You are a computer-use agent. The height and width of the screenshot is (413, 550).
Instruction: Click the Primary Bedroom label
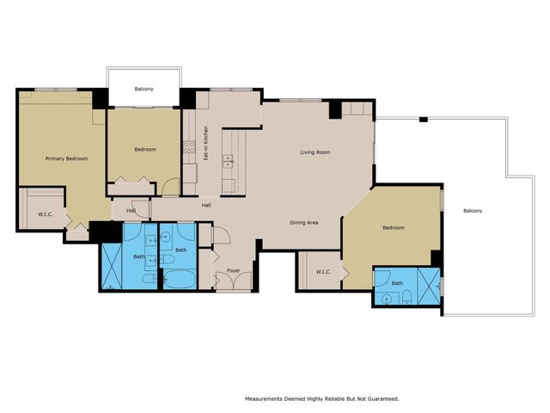point(67,158)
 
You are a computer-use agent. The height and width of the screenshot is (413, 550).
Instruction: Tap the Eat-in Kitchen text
point(206,144)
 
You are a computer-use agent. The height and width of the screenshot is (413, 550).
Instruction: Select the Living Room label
point(315,152)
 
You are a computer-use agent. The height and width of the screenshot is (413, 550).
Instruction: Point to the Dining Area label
point(303,223)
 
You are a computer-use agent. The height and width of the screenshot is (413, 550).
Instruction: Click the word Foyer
point(233,270)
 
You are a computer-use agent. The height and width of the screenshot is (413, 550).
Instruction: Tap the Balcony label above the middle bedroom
point(144,89)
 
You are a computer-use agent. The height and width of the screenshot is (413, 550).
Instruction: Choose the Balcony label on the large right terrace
point(473,211)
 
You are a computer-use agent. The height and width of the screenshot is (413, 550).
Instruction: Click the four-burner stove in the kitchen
point(189,147)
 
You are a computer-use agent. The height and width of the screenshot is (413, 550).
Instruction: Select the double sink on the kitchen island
point(228,161)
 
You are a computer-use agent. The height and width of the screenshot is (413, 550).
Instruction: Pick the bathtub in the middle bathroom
point(180,279)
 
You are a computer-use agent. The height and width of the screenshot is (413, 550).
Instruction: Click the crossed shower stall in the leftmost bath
point(112,267)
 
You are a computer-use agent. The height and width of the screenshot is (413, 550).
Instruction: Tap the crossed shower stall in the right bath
point(429,287)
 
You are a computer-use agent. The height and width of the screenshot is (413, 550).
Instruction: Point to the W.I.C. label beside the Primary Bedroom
point(46,214)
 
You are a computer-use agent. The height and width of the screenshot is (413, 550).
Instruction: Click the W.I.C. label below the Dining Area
point(323,272)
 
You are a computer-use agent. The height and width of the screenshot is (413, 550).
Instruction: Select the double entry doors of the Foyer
point(234,281)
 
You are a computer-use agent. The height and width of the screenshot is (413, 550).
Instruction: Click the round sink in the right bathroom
point(386,299)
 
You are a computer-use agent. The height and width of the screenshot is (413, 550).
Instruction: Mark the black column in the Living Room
point(335,109)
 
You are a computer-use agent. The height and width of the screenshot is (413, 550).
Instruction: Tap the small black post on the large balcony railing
point(424,120)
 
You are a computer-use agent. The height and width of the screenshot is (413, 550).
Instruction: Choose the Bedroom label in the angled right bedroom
point(394,228)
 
